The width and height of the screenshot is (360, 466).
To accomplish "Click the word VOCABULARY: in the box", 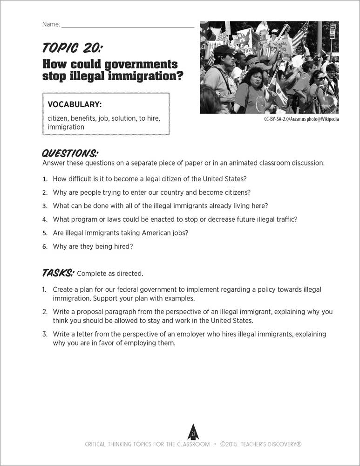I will coord(75,104).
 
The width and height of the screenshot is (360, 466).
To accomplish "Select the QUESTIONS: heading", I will coord(70,153).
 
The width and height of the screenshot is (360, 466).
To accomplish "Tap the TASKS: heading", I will coord(58,273).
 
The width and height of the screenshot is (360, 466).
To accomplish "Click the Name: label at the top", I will coord(51,24).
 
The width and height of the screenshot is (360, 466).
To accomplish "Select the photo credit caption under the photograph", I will coord(301,119).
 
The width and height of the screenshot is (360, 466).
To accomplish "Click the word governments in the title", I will coord(140,64).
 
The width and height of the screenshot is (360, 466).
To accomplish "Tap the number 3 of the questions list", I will coord(45,206).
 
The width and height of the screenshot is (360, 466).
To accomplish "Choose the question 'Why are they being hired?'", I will coord(93,247).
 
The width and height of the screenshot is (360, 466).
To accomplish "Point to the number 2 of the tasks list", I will coord(45,312).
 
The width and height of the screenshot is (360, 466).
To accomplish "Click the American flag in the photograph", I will coord(300,35).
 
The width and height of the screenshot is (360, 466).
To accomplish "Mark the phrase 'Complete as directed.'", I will coord(110,274).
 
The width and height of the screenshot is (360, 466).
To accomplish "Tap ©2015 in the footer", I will coord(229,444).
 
